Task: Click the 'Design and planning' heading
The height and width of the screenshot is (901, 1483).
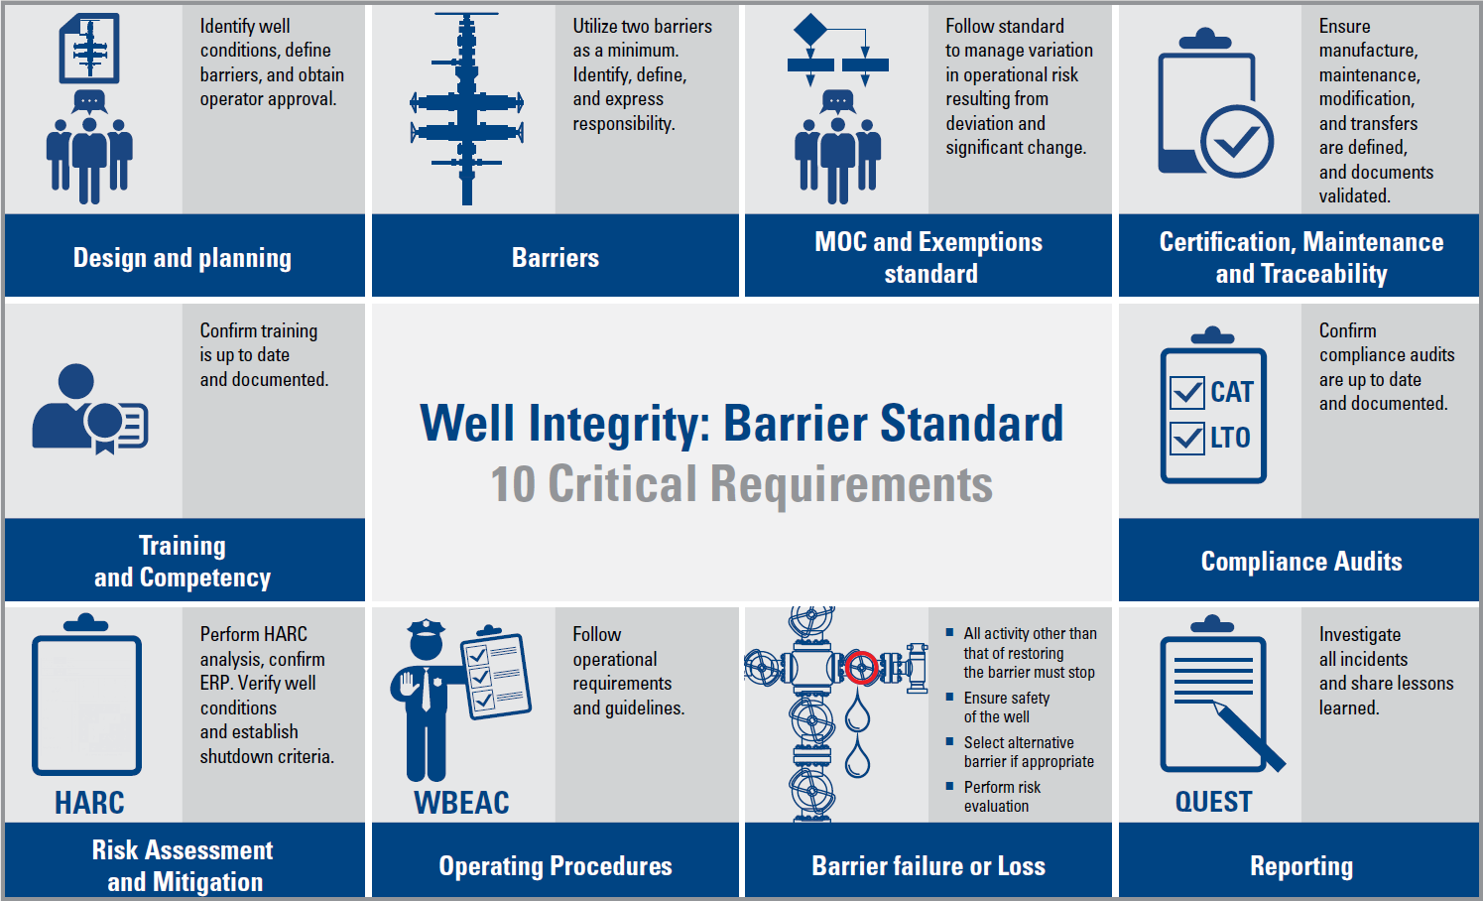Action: (x=183, y=258)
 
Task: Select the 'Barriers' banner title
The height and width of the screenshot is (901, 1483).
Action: (x=556, y=258)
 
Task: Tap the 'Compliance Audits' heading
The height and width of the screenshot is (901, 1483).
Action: (x=1301, y=562)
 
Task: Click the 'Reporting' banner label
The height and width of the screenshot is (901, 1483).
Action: (x=1301, y=866)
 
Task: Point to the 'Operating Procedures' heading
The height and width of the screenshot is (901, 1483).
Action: (x=556, y=866)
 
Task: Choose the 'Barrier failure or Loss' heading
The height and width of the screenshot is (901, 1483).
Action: (x=928, y=866)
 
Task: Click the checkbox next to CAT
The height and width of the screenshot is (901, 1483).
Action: (x=1187, y=393)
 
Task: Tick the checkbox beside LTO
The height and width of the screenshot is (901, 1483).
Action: (x=1187, y=438)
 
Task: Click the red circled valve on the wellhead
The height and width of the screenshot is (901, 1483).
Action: (x=861, y=667)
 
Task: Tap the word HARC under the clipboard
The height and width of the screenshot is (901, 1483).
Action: (x=89, y=803)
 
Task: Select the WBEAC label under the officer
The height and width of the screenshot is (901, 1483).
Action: (x=461, y=803)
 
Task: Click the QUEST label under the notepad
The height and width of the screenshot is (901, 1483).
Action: (x=1214, y=802)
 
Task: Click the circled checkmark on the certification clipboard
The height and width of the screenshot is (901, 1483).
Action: (x=1237, y=142)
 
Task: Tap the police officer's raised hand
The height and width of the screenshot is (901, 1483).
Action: (x=406, y=684)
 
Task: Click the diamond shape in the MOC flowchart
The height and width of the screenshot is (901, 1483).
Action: (x=810, y=30)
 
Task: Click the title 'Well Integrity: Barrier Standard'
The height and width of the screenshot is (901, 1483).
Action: (x=742, y=424)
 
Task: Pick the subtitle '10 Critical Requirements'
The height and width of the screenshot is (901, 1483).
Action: (x=742, y=484)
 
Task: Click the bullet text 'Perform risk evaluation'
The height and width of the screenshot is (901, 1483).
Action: (x=1002, y=797)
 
